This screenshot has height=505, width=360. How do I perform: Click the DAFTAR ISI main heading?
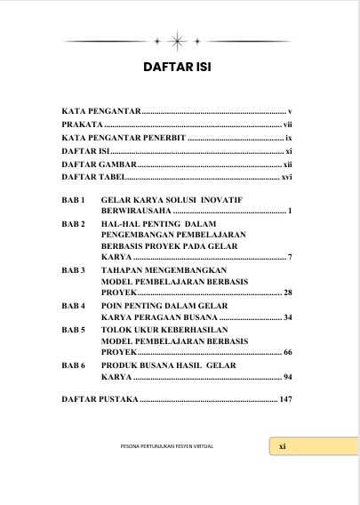click(x=180, y=68)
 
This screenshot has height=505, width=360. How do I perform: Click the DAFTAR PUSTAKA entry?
click(x=100, y=399)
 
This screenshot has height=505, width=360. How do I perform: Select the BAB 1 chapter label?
click(x=73, y=200)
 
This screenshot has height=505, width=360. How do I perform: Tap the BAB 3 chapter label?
click(x=73, y=269)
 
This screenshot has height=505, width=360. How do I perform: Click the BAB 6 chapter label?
click(x=73, y=365)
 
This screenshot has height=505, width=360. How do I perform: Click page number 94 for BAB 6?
click(x=288, y=377)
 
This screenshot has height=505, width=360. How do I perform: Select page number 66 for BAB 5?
click(x=288, y=353)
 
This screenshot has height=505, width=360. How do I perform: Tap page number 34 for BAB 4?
click(x=288, y=317)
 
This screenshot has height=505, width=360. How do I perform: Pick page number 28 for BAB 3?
click(x=288, y=293)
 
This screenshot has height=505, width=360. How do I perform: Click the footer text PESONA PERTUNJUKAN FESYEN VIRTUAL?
click(x=167, y=446)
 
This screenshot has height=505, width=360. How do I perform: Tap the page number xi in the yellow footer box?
click(x=282, y=446)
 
